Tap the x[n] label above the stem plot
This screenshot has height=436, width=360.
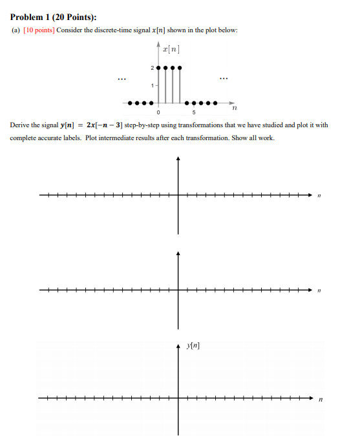pyautogui.click(x=171, y=49)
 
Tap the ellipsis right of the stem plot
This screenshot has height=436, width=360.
pyautogui.click(x=223, y=80)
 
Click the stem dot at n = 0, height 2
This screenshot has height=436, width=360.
pyautogui.click(x=158, y=67)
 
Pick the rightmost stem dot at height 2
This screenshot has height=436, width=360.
pyautogui.click(x=180, y=67)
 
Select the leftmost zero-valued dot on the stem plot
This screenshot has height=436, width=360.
pyautogui.click(x=129, y=103)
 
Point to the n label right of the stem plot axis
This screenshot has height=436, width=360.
pyautogui.click(x=234, y=109)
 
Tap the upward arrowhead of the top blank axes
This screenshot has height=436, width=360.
pyautogui.click(x=179, y=160)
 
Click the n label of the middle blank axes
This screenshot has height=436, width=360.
pyautogui.click(x=318, y=292)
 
